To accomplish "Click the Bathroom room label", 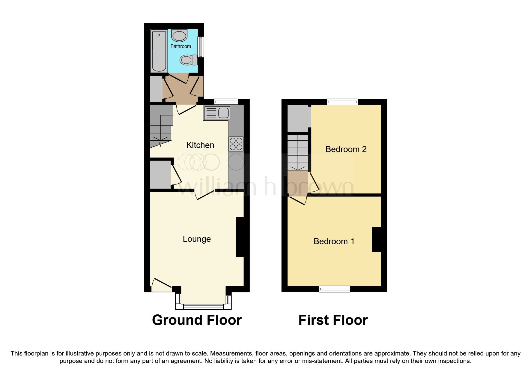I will click(180, 46).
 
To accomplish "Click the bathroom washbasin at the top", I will click(179, 35).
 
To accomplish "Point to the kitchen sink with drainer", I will click(216, 113).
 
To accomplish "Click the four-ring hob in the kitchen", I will click(236, 144).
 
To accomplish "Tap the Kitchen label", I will click(200, 145).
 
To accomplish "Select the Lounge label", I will click(197, 239).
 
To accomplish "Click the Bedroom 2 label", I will click(346, 149).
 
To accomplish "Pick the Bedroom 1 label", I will click(334, 241).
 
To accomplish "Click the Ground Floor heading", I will click(197, 320).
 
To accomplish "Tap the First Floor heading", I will click(333, 320).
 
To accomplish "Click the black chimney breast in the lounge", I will click(240, 237).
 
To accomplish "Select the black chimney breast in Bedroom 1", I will click(377, 240).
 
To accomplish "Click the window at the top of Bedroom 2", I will click(342, 102).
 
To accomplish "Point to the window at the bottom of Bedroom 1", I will click(335, 289).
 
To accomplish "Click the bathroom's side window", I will click(201, 46).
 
